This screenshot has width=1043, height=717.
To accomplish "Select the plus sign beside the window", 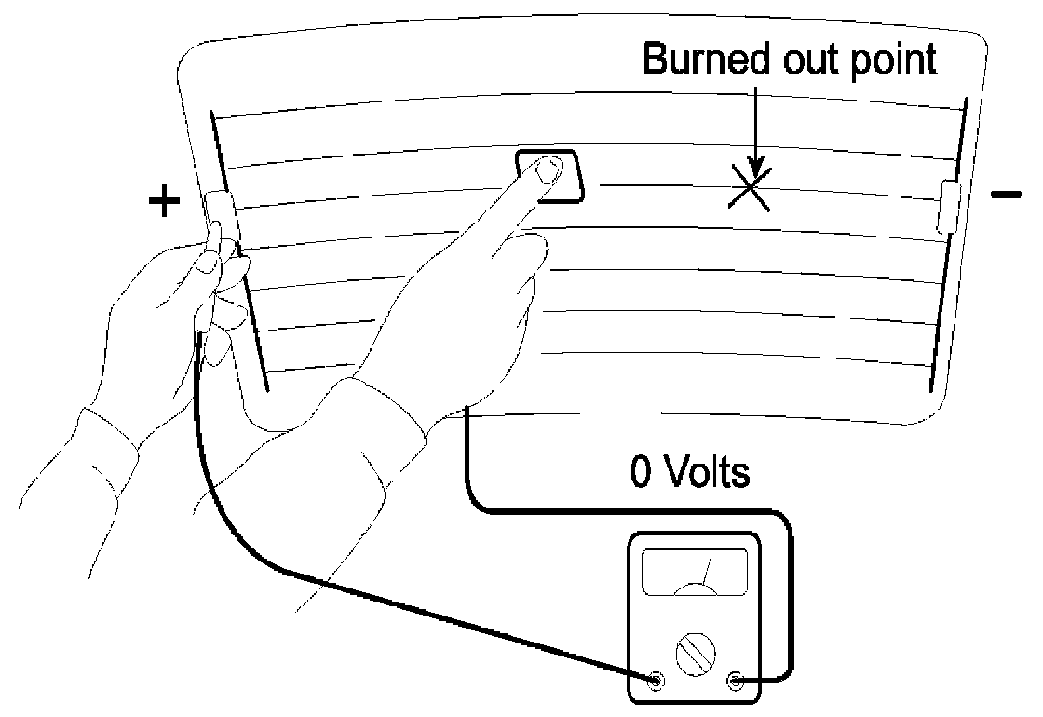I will (x=164, y=201).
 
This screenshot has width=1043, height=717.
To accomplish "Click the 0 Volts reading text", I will (x=690, y=473).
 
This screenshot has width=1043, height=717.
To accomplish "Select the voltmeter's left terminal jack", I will (x=657, y=680).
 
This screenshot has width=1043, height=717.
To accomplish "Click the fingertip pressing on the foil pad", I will (x=549, y=169).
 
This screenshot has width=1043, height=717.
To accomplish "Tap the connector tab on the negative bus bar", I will (x=951, y=206).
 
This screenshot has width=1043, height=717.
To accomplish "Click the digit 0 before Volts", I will (x=641, y=473).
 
